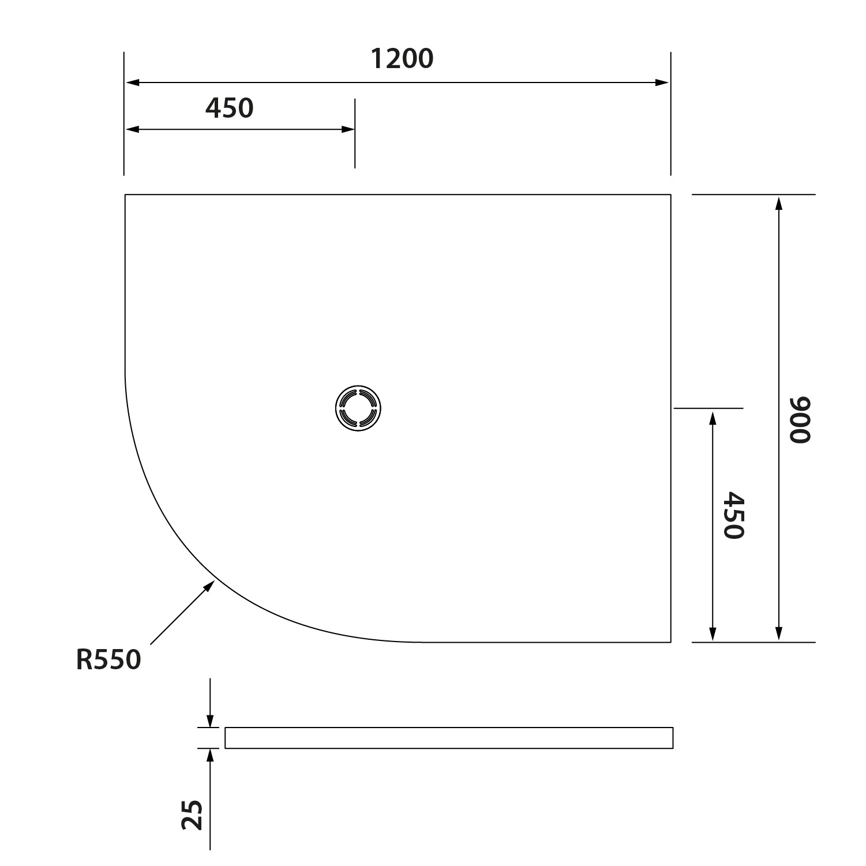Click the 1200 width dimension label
402,59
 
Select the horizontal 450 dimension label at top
230,108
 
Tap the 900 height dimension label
800,420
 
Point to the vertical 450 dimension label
734,515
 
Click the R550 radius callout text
108,660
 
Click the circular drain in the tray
358,408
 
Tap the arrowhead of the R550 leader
209,587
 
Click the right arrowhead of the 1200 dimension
662,83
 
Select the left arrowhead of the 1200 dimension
133,83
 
